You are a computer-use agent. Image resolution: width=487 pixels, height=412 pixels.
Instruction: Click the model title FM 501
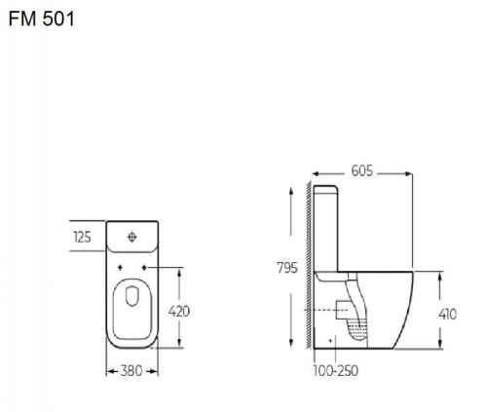(41, 19)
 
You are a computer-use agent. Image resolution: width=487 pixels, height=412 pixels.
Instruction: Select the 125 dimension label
(82, 238)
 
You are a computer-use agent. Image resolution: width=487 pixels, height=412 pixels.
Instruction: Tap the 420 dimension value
(179, 312)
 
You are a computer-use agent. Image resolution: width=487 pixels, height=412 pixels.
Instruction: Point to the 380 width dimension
(131, 371)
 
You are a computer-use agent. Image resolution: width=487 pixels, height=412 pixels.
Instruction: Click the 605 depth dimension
(362, 170)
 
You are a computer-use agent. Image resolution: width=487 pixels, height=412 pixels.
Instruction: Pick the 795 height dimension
(287, 268)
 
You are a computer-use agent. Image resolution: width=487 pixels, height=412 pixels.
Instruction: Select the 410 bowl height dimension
(447, 314)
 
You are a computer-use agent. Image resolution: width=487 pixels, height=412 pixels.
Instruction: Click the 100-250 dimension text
(336, 370)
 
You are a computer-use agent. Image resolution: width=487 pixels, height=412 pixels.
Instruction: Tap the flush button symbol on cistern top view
(131, 237)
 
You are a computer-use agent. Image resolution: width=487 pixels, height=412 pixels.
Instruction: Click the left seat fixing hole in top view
(120, 267)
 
